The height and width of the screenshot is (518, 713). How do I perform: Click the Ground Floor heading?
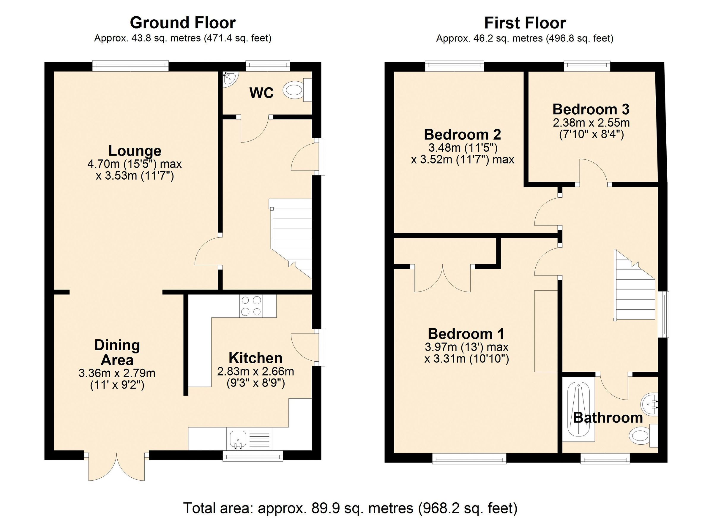pos(183,23)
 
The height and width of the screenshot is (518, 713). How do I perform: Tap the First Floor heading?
pos(525,23)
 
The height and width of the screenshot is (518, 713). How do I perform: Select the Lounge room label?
pos(135,151)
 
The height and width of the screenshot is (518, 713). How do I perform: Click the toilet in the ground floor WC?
pos(296,90)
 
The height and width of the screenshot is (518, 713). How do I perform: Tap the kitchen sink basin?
pos(237,438)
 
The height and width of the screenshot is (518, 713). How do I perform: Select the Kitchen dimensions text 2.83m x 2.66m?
pos(255,372)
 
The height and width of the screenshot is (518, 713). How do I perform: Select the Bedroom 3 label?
pos(591,109)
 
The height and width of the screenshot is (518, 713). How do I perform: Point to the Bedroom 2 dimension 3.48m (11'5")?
pos(463,147)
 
